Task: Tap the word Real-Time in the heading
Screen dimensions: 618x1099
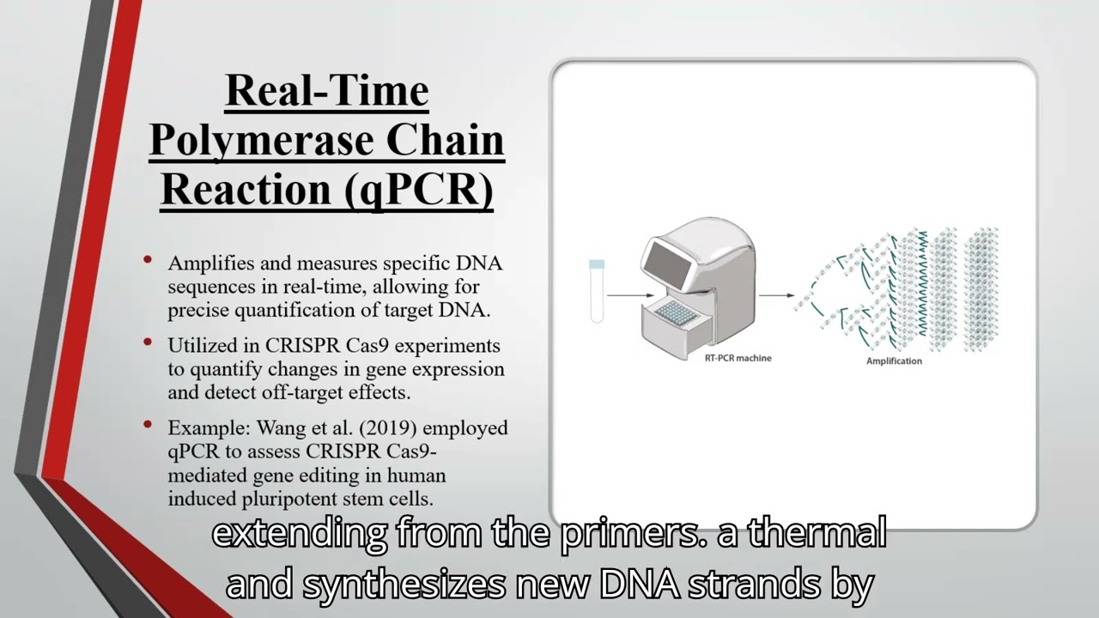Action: click(326, 90)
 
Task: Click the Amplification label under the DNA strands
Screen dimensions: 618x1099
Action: click(894, 360)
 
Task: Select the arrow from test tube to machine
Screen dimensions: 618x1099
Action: click(624, 295)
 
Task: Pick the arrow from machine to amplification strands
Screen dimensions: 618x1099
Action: click(777, 295)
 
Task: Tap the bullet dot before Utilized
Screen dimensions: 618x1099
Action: click(149, 342)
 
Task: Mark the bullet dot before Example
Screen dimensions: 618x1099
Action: click(149, 425)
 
